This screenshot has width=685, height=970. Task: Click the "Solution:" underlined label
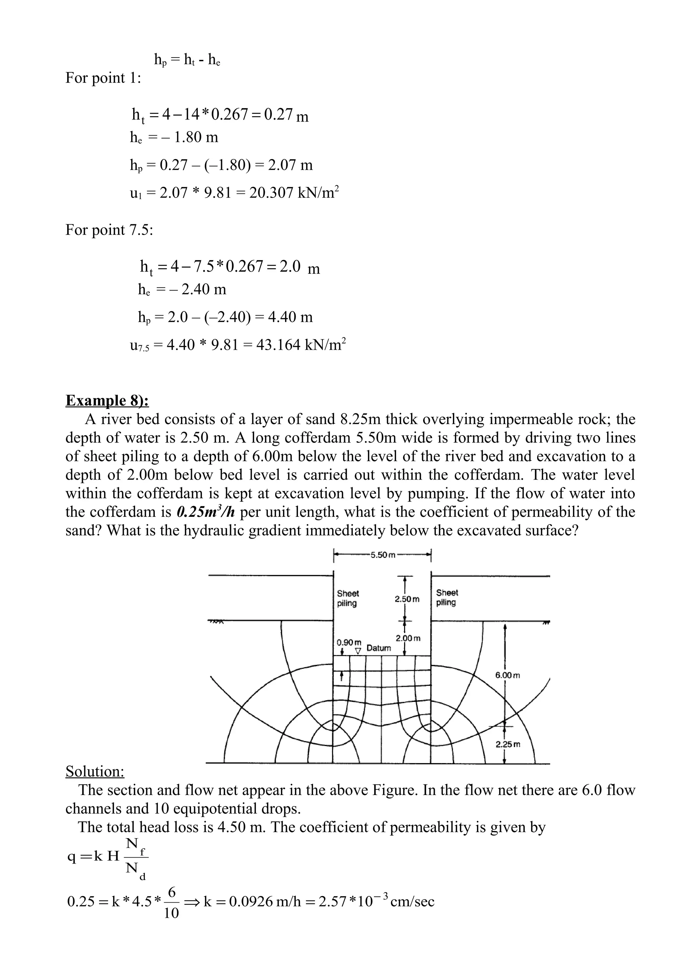point(95,771)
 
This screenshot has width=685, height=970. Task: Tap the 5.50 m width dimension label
point(382,555)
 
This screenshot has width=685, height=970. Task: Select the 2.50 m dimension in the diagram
point(407,599)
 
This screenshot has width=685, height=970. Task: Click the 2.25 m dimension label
point(508,744)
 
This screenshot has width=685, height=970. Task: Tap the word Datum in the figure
point(379,648)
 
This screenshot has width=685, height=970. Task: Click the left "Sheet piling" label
point(348,598)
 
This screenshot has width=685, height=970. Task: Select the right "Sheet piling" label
point(447,598)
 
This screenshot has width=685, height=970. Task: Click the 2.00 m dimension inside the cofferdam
point(408,638)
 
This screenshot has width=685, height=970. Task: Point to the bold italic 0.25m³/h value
point(205,512)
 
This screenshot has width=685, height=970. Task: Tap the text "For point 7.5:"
point(109,230)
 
